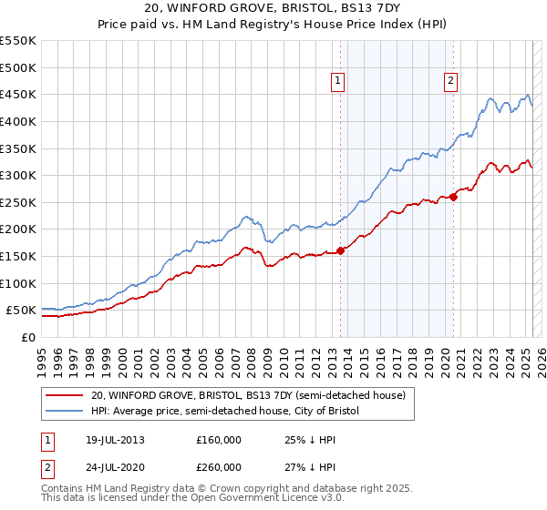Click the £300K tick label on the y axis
[x=18, y=175]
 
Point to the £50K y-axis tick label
[x=21, y=311]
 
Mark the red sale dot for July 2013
[x=340, y=250]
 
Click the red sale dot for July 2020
[x=453, y=197]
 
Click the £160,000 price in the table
[x=219, y=440]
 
